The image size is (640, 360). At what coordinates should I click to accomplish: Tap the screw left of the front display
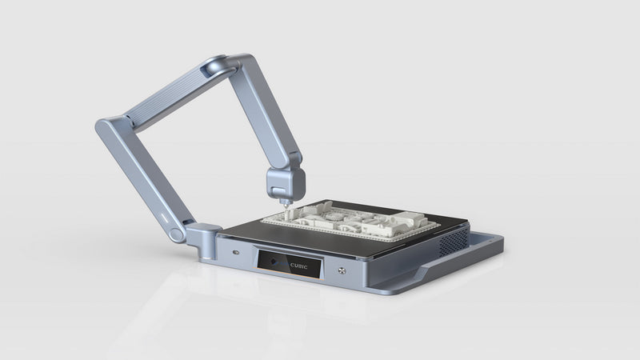point(235,253)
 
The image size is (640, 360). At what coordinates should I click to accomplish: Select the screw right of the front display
point(342,270)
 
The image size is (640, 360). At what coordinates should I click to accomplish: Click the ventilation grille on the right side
point(457,238)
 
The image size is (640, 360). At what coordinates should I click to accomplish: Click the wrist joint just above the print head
point(285,172)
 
